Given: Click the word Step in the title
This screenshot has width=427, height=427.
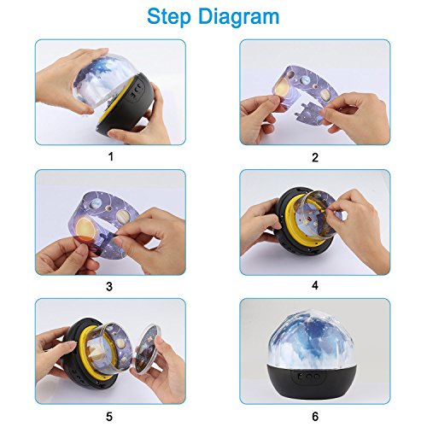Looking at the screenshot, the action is pos(169,17).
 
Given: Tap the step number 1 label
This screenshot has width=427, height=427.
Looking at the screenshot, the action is pos(111,156).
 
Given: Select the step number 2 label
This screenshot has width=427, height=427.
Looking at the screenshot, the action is pos(315,157).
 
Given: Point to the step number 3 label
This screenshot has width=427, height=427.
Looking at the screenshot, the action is pos(109,286).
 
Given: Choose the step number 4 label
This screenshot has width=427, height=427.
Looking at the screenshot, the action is pos(315,285).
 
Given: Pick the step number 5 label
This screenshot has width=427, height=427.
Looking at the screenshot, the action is pos(109,417).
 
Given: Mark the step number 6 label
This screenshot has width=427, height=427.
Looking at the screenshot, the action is pos(315,416).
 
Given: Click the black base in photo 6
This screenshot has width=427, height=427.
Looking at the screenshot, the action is pos(311,380).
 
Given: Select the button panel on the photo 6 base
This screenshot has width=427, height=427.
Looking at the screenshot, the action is pos(309,377).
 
